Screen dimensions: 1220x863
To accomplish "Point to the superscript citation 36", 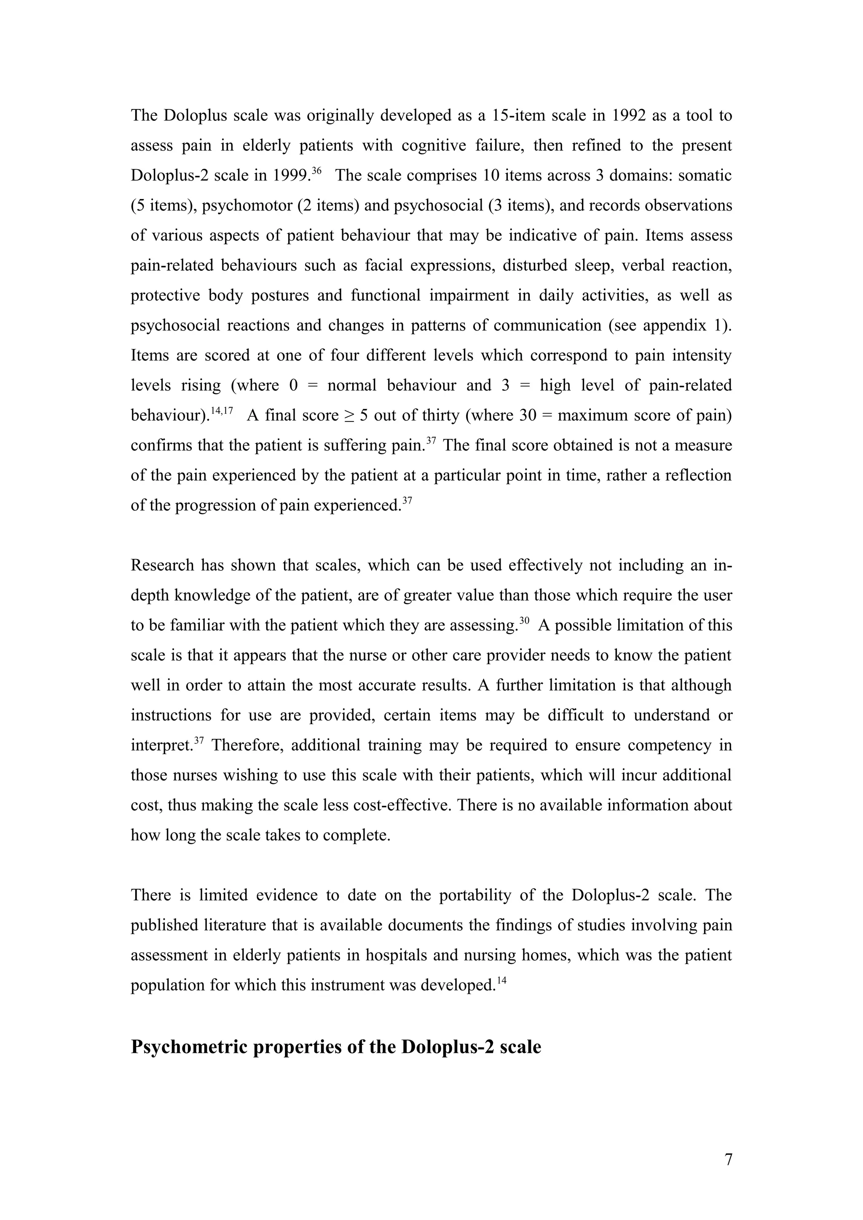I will [316, 170].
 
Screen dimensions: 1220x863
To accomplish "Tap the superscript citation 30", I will [524, 620].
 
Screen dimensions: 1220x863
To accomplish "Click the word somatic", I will [705, 176].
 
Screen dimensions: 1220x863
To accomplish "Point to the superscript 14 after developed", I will [502, 980].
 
